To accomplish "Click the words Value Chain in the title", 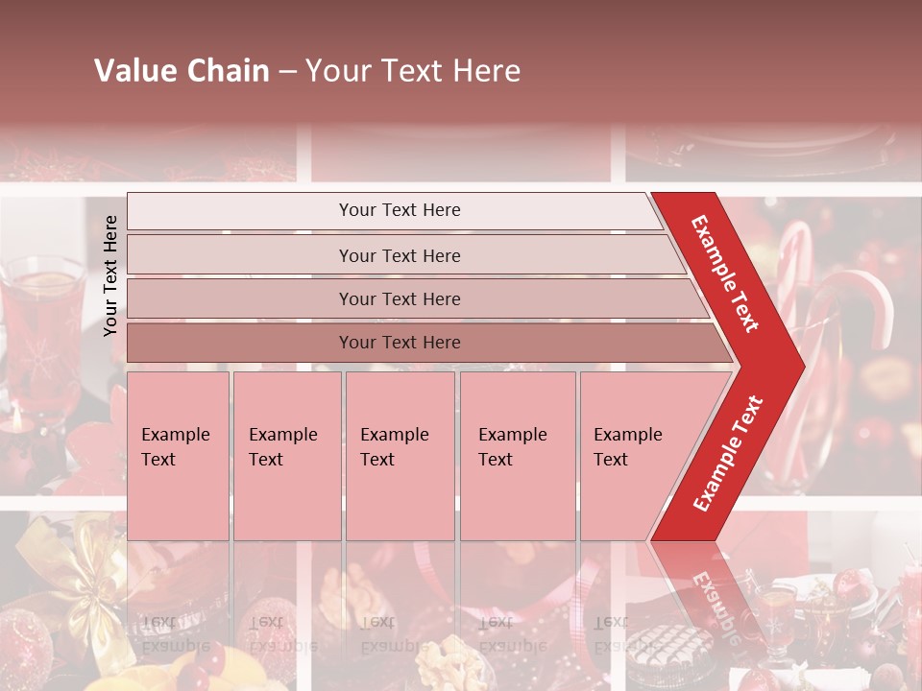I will [182, 71].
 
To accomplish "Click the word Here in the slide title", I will [486, 71].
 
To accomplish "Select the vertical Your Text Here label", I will [110, 275].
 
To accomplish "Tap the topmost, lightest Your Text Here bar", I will [400, 210].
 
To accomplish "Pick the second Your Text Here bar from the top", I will [400, 255].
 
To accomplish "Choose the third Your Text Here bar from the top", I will [400, 298].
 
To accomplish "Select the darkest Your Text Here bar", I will [400, 343].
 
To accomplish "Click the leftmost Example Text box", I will [178, 456].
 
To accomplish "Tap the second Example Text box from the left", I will [286, 456].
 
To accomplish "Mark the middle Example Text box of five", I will [400, 456].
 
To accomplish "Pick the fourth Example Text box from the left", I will [517, 456].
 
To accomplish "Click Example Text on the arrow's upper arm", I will [725, 274].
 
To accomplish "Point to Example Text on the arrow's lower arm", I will [728, 453].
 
